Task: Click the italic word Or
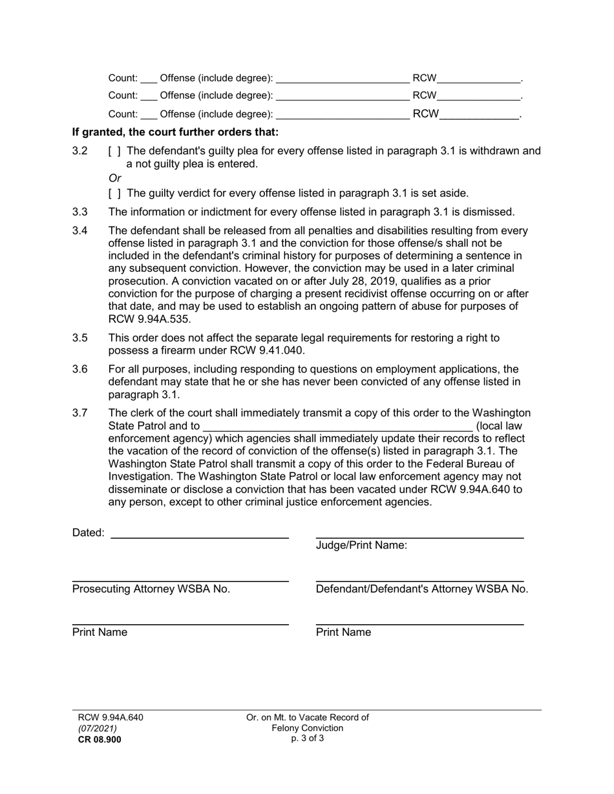click(x=114, y=178)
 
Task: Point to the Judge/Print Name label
click(x=361, y=545)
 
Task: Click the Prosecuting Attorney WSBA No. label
click(x=151, y=589)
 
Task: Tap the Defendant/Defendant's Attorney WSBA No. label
click(x=421, y=589)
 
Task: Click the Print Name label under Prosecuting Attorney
click(x=100, y=632)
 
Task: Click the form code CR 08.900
click(x=99, y=740)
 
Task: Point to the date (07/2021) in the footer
click(x=97, y=728)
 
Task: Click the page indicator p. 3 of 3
click(x=307, y=738)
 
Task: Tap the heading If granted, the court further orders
click(x=175, y=132)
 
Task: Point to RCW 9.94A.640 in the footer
click(x=111, y=717)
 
